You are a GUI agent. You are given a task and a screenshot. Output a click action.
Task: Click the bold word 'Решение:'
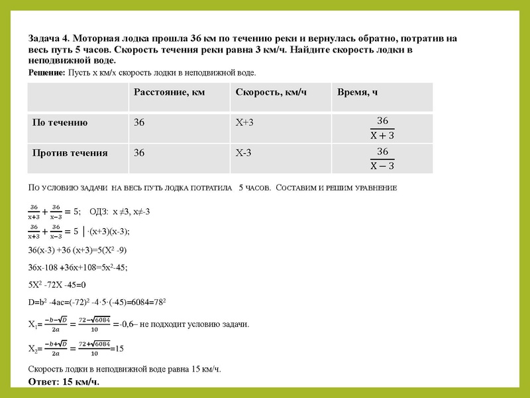46,72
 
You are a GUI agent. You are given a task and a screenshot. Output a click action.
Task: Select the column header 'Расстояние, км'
169,92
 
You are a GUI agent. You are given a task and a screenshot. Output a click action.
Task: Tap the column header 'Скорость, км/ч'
271,92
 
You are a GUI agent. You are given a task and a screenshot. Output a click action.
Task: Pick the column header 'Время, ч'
358,92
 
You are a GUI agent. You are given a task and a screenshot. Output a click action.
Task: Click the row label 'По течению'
60,123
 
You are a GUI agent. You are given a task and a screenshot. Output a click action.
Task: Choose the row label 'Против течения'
70,153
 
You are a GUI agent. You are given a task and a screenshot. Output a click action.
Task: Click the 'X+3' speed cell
244,123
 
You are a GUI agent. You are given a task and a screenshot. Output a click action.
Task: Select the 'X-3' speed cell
244,153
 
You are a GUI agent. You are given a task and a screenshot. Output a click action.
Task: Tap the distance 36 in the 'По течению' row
139,123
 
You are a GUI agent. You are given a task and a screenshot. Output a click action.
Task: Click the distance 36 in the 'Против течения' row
139,153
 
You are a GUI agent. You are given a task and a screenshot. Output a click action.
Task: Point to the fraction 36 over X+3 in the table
382,128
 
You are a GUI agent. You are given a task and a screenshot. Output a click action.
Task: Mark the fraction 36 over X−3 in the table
382,159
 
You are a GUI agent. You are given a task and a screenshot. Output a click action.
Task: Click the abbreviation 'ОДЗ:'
99,212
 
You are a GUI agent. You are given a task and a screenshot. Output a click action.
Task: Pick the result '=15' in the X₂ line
117,348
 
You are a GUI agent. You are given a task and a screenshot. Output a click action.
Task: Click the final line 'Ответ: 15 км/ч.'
64,382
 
